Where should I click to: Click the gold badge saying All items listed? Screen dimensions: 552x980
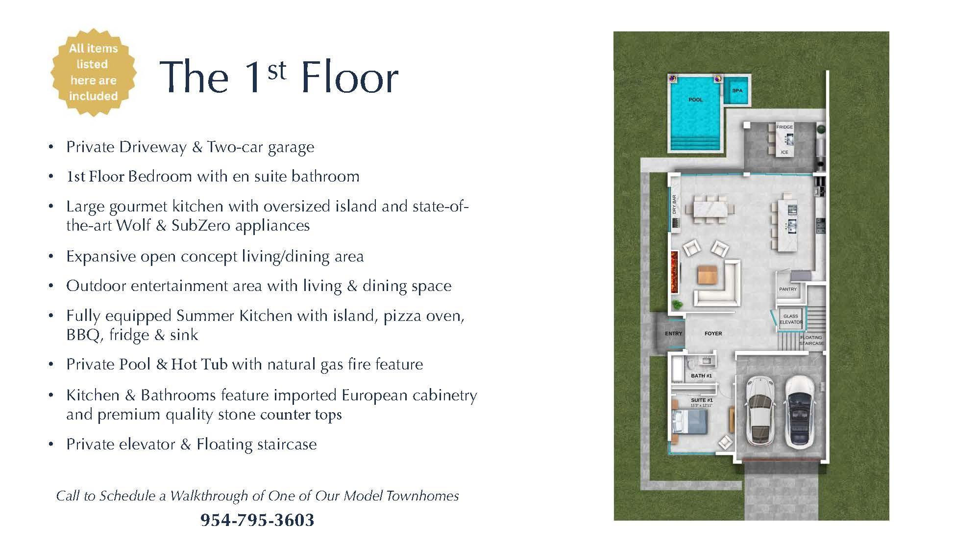tap(93, 72)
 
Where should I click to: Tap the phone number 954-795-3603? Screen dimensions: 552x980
tap(257, 520)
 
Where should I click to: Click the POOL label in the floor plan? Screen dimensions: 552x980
tap(695, 100)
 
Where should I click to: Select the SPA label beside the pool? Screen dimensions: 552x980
tap(737, 91)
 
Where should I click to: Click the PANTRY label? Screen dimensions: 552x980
tap(788, 289)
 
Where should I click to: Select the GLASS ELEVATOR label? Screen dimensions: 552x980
tap(791, 319)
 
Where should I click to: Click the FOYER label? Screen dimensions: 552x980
tap(713, 333)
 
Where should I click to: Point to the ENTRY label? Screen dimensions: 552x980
tap(673, 333)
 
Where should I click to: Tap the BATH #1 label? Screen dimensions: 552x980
tap(701, 376)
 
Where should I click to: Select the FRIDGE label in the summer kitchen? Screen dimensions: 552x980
tap(784, 127)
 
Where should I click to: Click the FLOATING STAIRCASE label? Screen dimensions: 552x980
tap(811, 340)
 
